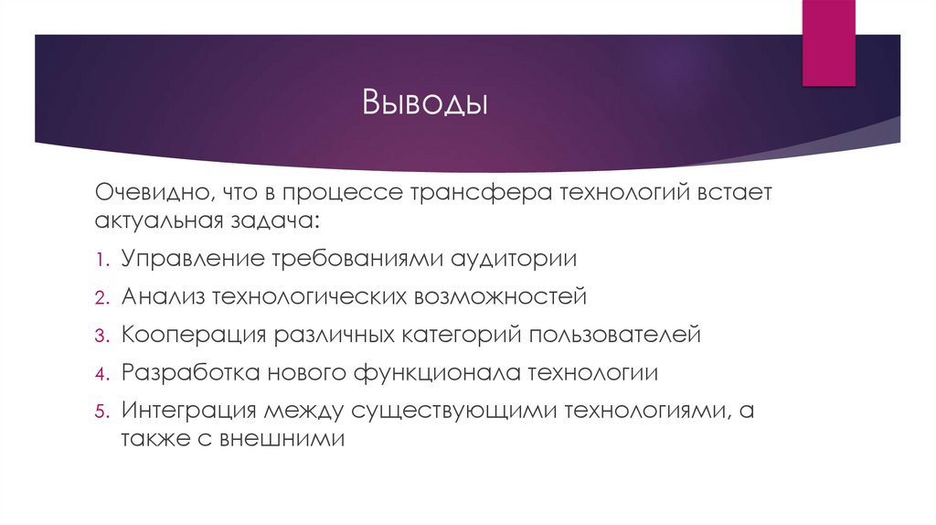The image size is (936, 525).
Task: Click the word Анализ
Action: tap(162, 296)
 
